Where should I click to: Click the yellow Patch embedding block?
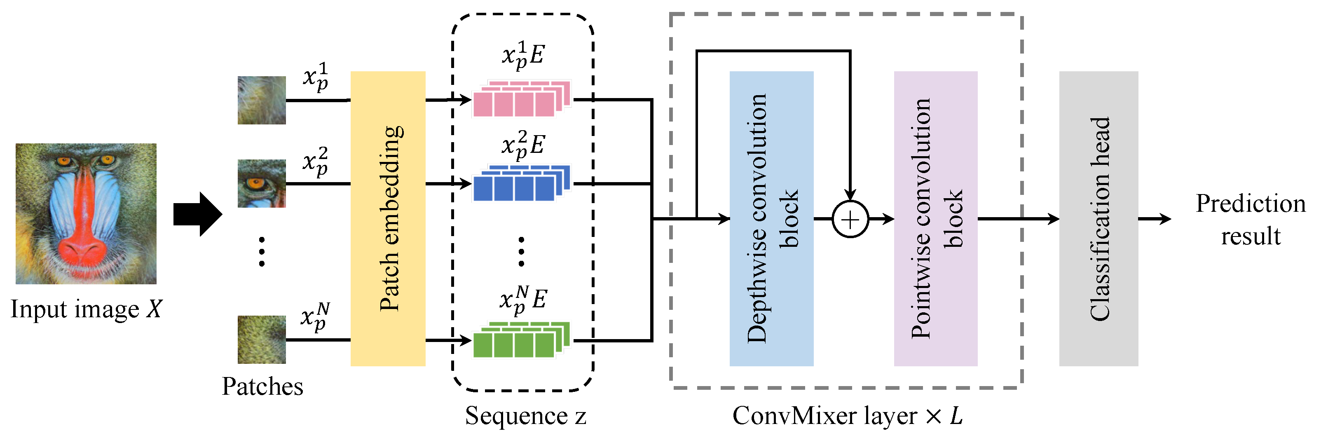click(388, 218)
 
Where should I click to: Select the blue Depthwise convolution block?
click(771, 218)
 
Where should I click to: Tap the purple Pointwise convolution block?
click(935, 218)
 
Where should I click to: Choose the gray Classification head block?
click(1098, 218)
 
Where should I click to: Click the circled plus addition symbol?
click(850, 220)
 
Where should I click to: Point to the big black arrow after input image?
click(197, 214)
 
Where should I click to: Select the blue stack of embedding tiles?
click(521, 183)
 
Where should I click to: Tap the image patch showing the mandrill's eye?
click(262, 183)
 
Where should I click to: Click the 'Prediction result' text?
click(1250, 220)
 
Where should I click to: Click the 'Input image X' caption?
click(86, 309)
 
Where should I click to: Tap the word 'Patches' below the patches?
click(262, 386)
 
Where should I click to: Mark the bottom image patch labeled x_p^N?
click(262, 340)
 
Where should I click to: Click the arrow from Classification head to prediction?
click(1155, 219)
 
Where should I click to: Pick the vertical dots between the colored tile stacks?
click(521, 251)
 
